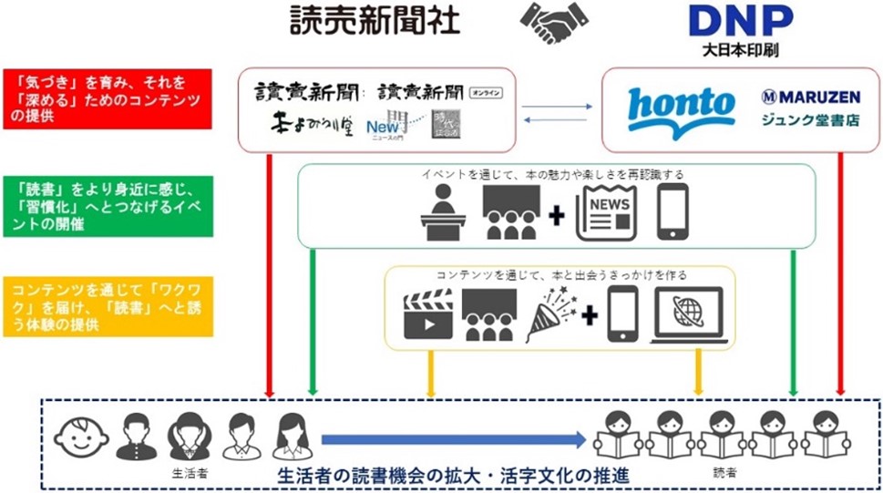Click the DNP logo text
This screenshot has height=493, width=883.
coord(740,19)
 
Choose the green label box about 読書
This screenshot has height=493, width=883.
coord(107,206)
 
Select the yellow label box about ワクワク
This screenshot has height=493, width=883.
coord(107,306)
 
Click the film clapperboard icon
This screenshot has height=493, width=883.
coord(427,315)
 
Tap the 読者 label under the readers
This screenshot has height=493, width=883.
coord(725,473)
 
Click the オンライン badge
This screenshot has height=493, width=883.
coord(486,92)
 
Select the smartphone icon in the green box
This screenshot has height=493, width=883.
coord(673,211)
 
